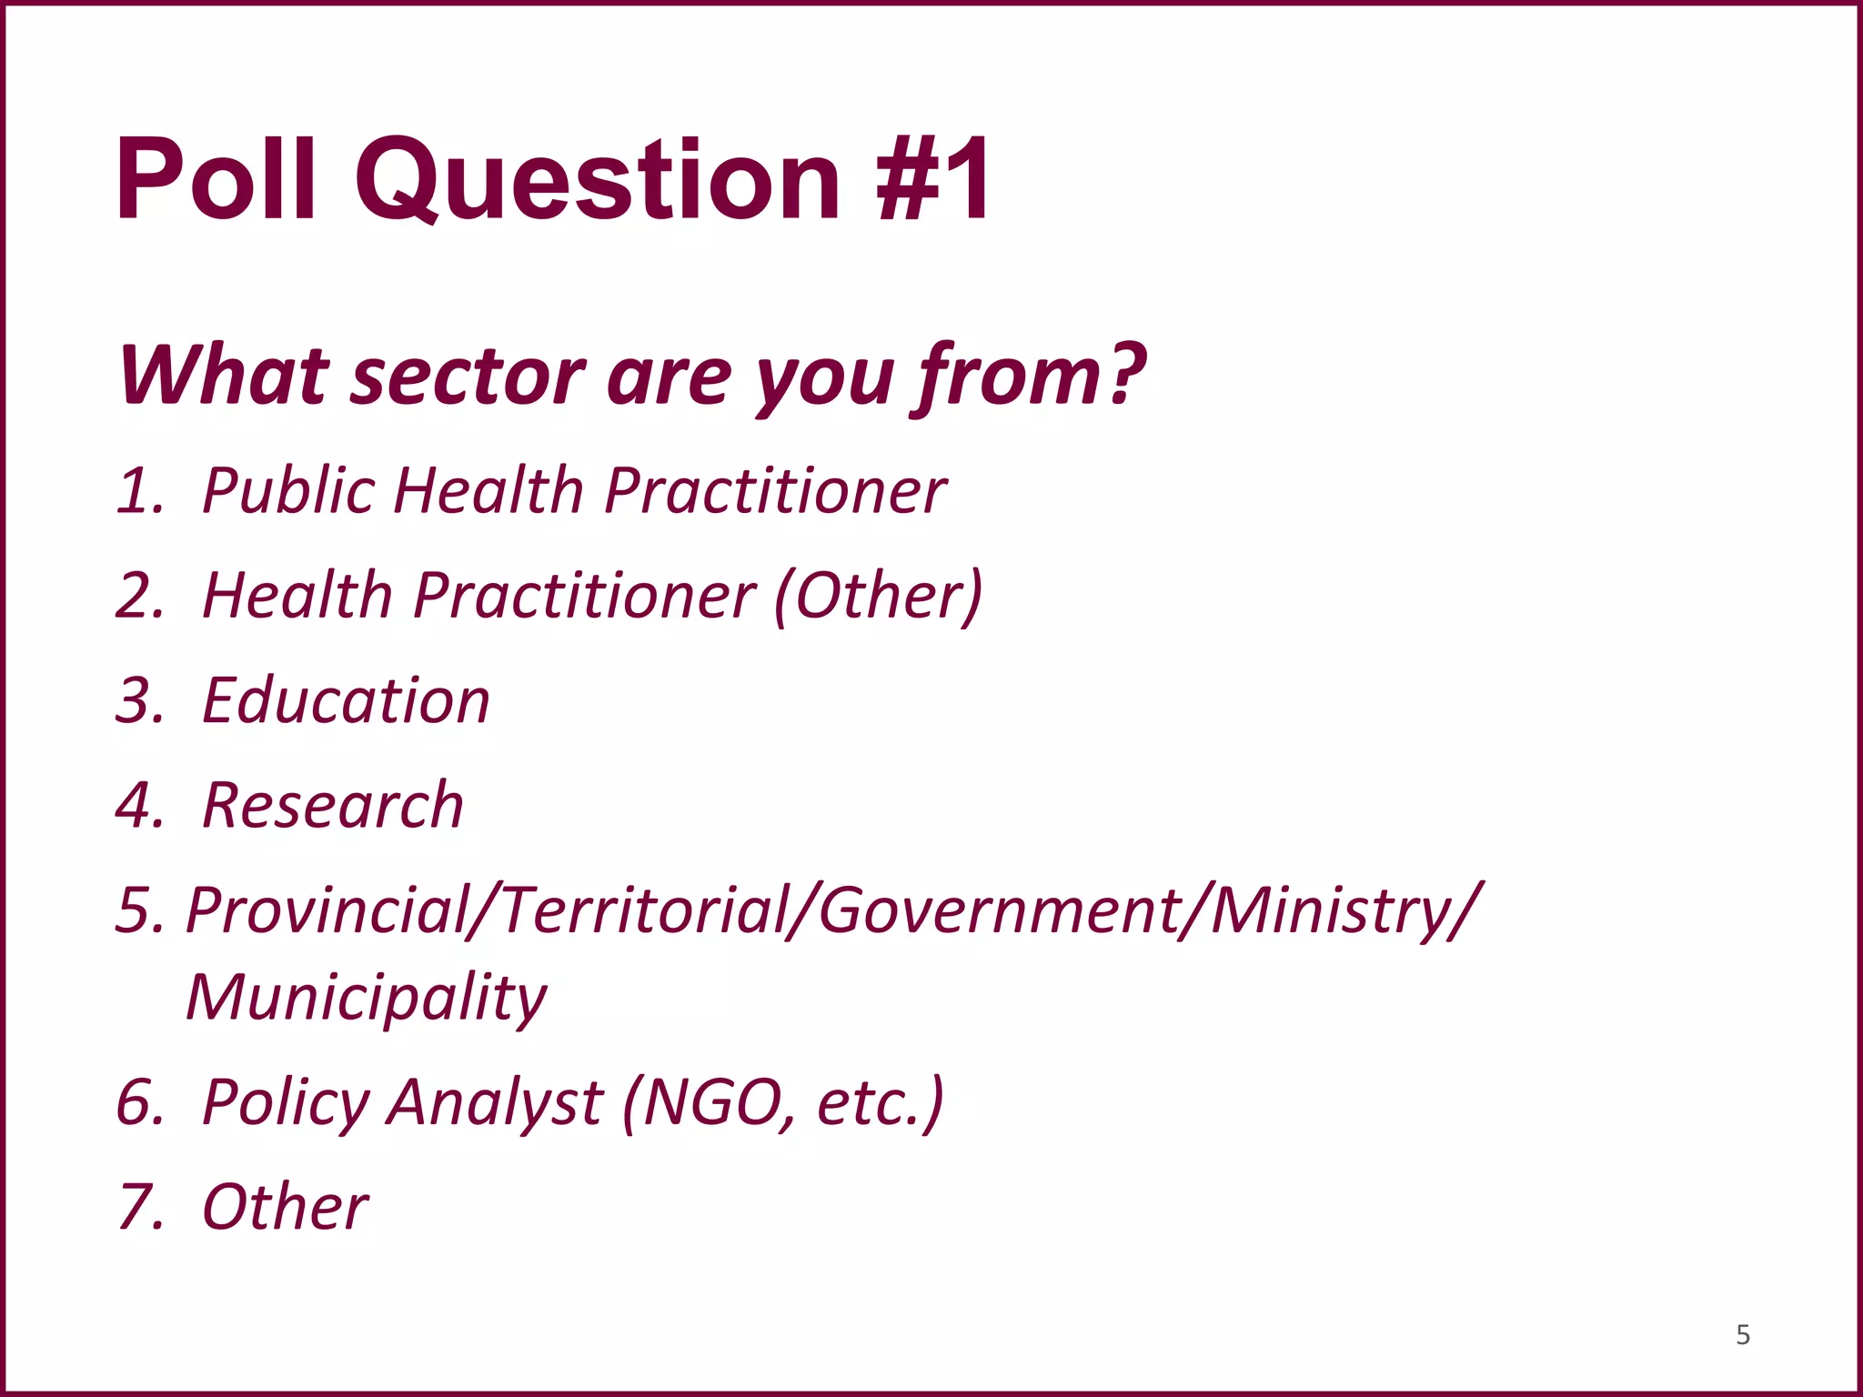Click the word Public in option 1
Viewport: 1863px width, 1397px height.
tap(287, 492)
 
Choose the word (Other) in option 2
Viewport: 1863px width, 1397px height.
tap(879, 597)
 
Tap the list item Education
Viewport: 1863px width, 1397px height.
tap(346, 701)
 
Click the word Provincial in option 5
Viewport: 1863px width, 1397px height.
tap(327, 911)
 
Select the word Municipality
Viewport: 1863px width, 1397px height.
tap(367, 999)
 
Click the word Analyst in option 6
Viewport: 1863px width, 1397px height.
tap(494, 1103)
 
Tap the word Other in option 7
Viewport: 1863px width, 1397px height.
tap(285, 1208)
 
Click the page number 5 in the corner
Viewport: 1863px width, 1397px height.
tap(1743, 1335)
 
